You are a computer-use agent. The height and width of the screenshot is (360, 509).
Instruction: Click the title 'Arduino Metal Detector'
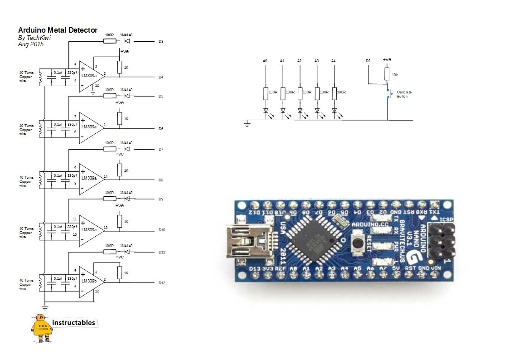coord(58,30)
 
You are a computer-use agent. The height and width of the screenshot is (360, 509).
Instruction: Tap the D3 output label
coord(161,41)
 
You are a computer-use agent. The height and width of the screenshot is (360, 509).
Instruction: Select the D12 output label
coord(162,283)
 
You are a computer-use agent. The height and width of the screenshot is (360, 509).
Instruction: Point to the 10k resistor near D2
coord(387,74)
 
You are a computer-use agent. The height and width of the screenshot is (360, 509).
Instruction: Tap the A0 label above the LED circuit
coord(265,61)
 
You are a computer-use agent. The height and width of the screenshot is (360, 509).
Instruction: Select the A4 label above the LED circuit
coord(334,61)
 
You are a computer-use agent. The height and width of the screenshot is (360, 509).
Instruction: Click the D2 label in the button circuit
coord(368,61)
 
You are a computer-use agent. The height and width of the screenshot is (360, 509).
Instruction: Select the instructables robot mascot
coord(41,327)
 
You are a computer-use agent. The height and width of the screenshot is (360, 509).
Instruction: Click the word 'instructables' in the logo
coord(74,323)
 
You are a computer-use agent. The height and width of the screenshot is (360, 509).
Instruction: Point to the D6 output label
coord(161,129)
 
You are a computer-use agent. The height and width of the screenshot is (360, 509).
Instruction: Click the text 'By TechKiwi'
coord(34,38)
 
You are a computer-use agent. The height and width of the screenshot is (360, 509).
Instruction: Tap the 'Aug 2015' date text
coord(31,44)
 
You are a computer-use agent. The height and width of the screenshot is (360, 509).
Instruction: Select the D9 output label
coord(161,199)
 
